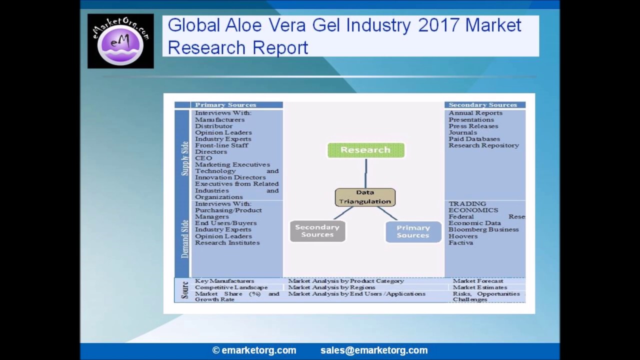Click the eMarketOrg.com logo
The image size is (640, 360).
click(120, 41)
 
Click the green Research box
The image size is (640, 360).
click(365, 150)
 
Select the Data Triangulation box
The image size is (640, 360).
click(365, 197)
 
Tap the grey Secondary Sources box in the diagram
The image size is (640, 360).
click(317, 231)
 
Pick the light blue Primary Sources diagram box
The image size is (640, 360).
click(413, 231)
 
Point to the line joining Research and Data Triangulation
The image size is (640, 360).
click(365, 173)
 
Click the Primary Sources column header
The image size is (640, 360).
click(225, 105)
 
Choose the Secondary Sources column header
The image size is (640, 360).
click(482, 105)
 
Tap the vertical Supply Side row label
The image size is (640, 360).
click(184, 158)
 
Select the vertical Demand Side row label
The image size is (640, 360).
click(184, 238)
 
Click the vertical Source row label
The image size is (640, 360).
click(184, 290)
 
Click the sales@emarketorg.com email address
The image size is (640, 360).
click(374, 350)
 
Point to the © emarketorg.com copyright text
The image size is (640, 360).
click(254, 350)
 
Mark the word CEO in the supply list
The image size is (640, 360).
click(203, 158)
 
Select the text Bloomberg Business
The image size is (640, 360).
click(483, 229)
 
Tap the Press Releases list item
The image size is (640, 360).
click(473, 126)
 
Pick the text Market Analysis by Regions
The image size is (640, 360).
click(331, 287)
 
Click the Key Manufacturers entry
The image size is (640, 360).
click(224, 281)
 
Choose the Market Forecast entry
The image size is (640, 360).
click(478, 281)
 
